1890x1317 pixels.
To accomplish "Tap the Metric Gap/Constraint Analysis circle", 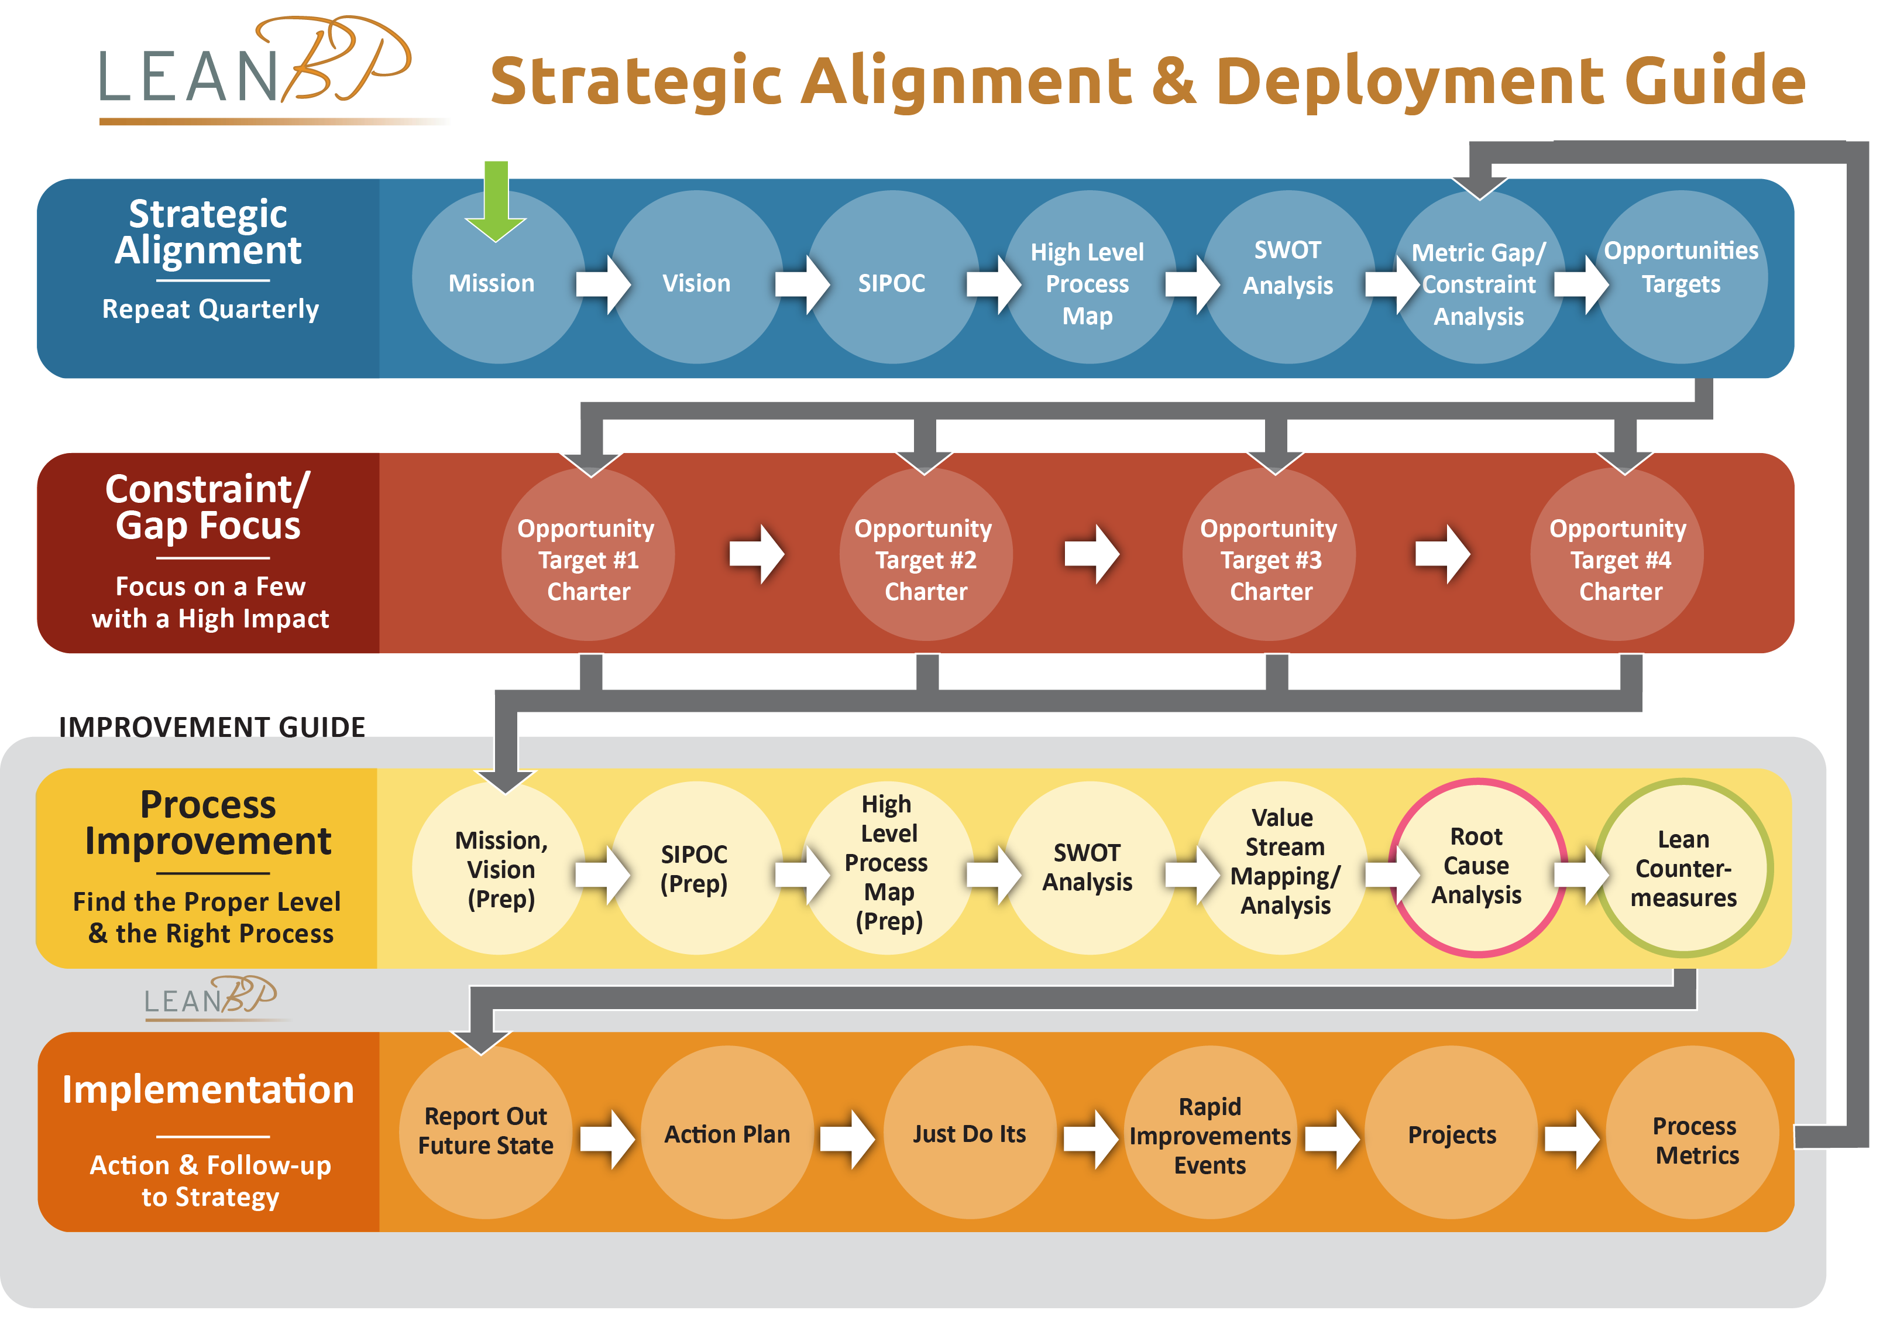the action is pyautogui.click(x=1479, y=277).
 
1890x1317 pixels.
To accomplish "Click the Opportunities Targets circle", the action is pyautogui.click(x=1681, y=277).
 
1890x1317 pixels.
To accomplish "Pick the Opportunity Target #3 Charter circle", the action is pyautogui.click(x=1269, y=554).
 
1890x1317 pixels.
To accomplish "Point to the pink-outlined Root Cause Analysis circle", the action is pyautogui.click(x=1479, y=868).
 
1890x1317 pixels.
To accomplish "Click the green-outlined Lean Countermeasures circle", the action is pyautogui.click(x=1684, y=868).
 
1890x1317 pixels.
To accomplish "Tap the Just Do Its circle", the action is pyautogui.click(x=970, y=1133).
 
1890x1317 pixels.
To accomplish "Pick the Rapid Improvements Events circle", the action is pyautogui.click(x=1210, y=1133).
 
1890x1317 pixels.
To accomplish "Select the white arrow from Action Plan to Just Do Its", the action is pyautogui.click(x=847, y=1139).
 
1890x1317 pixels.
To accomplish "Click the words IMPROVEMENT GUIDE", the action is pyautogui.click(x=212, y=727).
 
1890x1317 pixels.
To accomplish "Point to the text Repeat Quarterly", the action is pyautogui.click(x=211, y=309).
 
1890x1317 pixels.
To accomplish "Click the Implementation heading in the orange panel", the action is pyautogui.click(x=208, y=1090).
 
